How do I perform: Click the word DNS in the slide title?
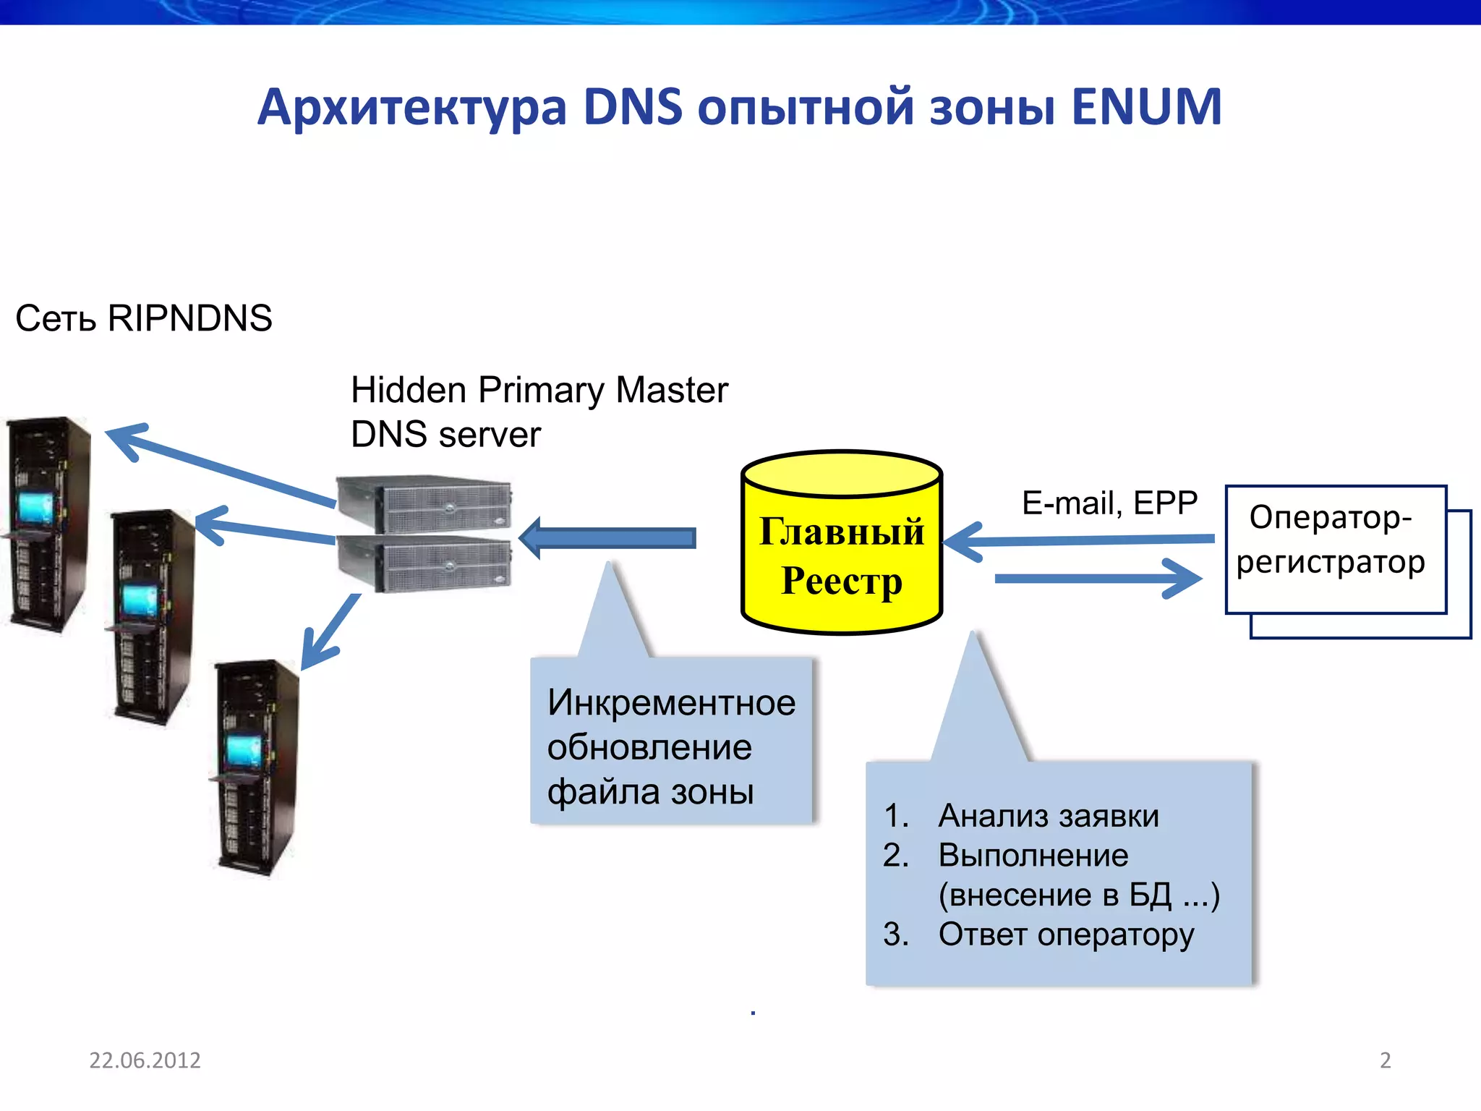pos(633,107)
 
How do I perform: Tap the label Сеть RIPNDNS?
pos(143,318)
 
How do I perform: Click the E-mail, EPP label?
pos(1109,503)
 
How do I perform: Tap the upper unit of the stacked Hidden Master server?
pos(425,504)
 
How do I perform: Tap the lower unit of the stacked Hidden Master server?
pos(425,564)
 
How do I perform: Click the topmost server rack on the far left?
pos(46,524)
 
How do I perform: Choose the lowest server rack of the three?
pos(255,767)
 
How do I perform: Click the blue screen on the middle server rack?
pos(139,600)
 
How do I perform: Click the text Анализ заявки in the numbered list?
pos(1048,816)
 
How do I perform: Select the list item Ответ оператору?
pos(1065,934)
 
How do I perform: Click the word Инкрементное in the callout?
pos(671,702)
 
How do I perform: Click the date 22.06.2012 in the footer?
pos(145,1060)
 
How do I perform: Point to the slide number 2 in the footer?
pos(1385,1060)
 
